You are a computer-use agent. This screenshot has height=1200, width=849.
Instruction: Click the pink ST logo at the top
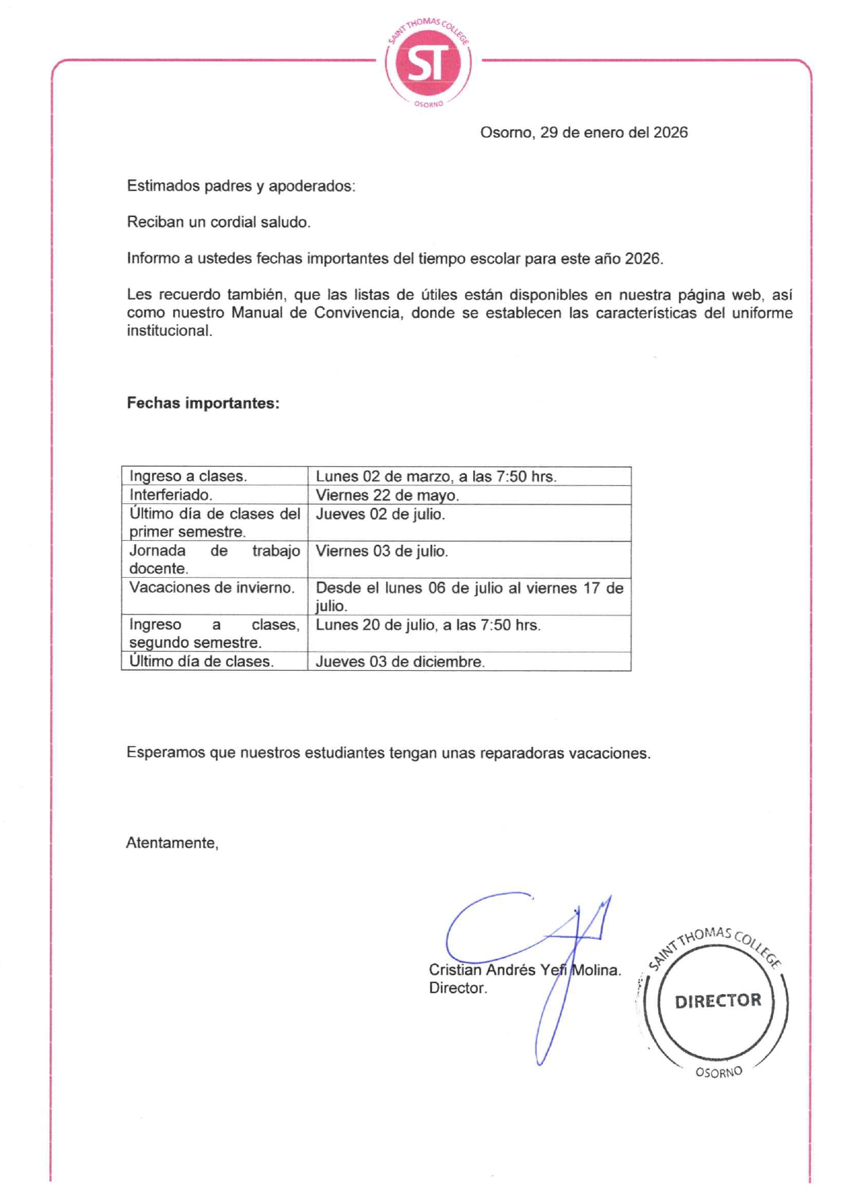click(428, 63)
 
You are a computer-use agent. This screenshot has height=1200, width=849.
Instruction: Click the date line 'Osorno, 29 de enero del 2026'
click(583, 133)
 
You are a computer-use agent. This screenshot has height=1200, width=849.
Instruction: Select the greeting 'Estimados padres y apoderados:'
click(241, 186)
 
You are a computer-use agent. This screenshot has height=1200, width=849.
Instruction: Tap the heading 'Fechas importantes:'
click(203, 403)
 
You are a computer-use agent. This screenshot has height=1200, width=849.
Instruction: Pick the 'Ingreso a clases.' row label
click(188, 476)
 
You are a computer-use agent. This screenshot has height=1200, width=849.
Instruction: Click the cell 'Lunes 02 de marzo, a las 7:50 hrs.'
click(435, 476)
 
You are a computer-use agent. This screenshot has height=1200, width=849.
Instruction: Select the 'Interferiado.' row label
click(171, 495)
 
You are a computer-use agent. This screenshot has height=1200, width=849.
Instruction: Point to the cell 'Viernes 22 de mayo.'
click(387, 495)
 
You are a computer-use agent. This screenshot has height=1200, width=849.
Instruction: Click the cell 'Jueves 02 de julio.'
click(380, 514)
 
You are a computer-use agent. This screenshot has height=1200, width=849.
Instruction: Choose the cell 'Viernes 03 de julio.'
click(381, 551)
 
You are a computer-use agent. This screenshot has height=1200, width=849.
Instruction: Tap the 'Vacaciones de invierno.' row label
click(212, 588)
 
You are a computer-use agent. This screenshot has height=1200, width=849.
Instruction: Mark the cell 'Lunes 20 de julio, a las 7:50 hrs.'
click(428, 625)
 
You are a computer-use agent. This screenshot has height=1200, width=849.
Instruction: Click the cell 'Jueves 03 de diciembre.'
click(400, 662)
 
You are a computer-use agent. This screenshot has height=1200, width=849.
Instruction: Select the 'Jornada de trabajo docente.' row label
click(214, 559)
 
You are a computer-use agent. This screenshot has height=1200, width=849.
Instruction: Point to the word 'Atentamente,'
click(173, 843)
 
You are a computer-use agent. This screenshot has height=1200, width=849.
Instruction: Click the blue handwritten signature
click(527, 938)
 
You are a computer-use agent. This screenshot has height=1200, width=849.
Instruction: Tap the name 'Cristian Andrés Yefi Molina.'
click(524, 970)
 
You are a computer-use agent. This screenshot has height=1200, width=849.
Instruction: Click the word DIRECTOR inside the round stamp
click(718, 1001)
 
